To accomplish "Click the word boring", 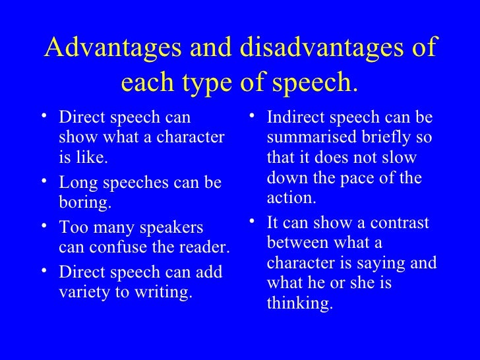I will (x=85, y=202).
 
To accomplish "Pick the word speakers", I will (x=167, y=228).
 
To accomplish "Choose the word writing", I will (x=165, y=292).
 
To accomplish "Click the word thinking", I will (x=299, y=305).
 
